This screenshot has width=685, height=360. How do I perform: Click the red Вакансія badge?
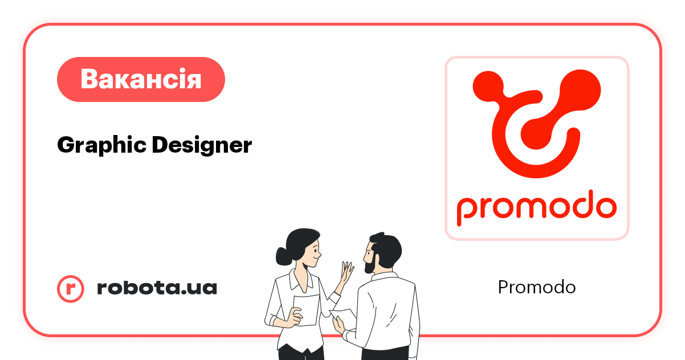[141, 79]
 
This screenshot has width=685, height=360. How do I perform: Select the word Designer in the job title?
[202, 145]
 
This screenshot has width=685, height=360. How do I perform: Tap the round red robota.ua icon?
[71, 288]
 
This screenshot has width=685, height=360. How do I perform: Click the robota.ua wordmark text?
[157, 288]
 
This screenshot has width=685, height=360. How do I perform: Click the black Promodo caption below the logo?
[536, 287]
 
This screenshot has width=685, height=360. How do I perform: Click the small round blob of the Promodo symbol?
[488, 87]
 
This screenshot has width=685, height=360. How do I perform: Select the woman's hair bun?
[283, 256]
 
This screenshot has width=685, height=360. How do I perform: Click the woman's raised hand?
[346, 273]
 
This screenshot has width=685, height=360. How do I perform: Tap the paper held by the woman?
[306, 310]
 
